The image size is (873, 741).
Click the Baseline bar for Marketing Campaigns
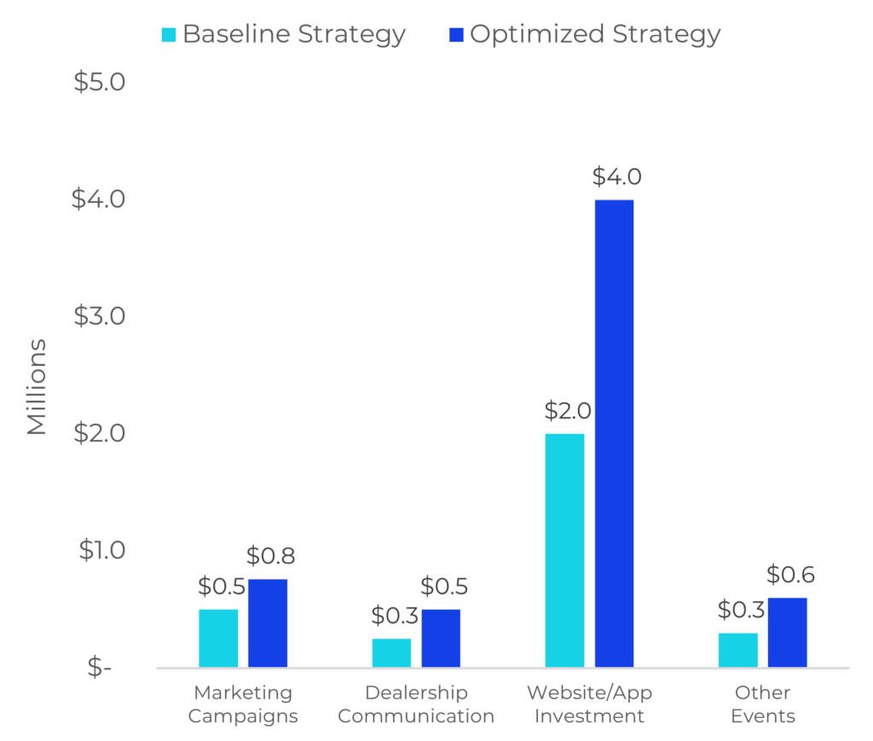(218, 638)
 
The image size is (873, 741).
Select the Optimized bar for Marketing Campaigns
(268, 622)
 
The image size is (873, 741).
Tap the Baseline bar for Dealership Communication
(391, 652)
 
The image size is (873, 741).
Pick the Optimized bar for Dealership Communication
(441, 638)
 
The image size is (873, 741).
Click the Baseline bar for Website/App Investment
(564, 550)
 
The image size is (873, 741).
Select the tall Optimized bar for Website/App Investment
(614, 433)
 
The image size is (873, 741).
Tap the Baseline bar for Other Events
(737, 650)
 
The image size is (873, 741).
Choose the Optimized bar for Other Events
(788, 632)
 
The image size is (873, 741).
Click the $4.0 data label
(616, 177)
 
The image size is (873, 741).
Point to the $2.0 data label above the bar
(567, 411)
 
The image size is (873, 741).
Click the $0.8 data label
(270, 556)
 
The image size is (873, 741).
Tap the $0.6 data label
(789, 575)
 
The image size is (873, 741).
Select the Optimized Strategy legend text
(594, 35)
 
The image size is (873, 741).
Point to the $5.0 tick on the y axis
(99, 82)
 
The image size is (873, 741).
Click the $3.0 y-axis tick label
(99, 316)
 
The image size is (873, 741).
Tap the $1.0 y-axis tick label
(101, 550)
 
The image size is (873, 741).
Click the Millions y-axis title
(37, 387)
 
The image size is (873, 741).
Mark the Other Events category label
(762, 703)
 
